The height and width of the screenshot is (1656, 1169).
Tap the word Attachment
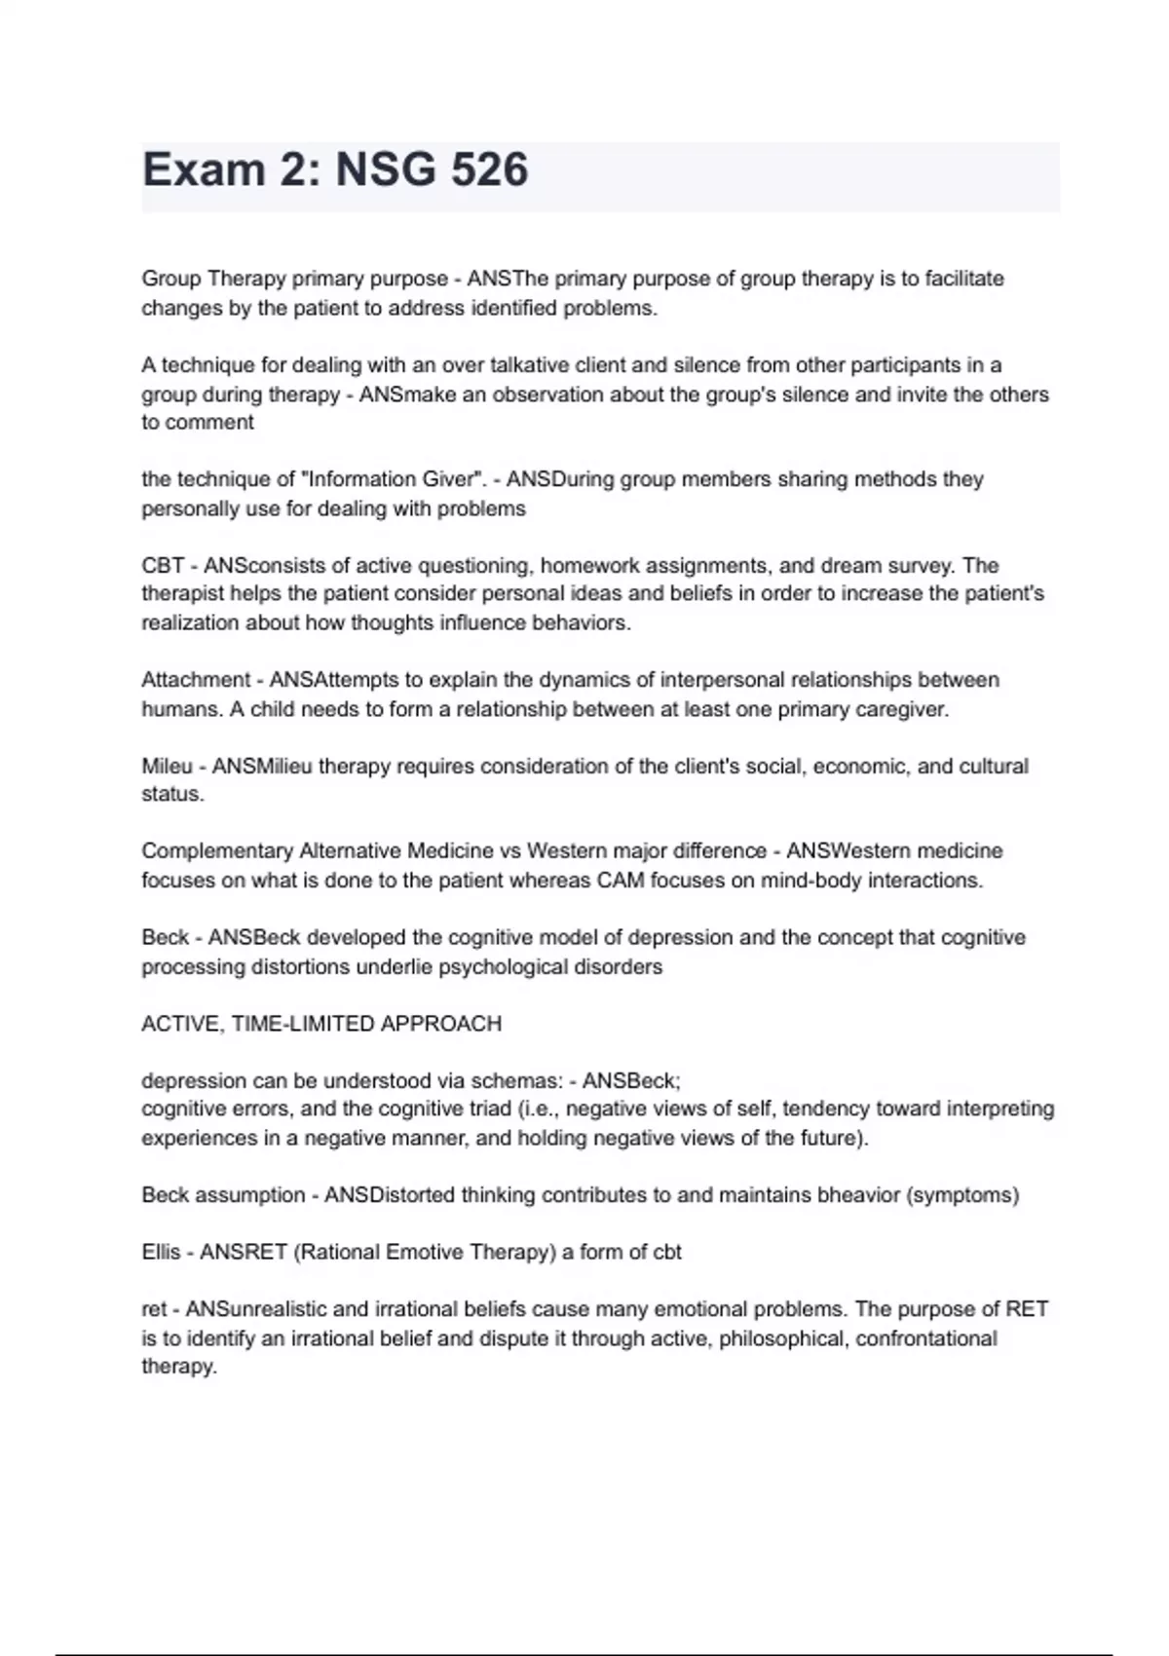(x=195, y=680)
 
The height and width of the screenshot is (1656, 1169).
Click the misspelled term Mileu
(x=167, y=767)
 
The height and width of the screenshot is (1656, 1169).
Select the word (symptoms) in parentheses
(x=963, y=1195)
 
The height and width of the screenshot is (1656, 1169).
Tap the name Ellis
(x=161, y=1253)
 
